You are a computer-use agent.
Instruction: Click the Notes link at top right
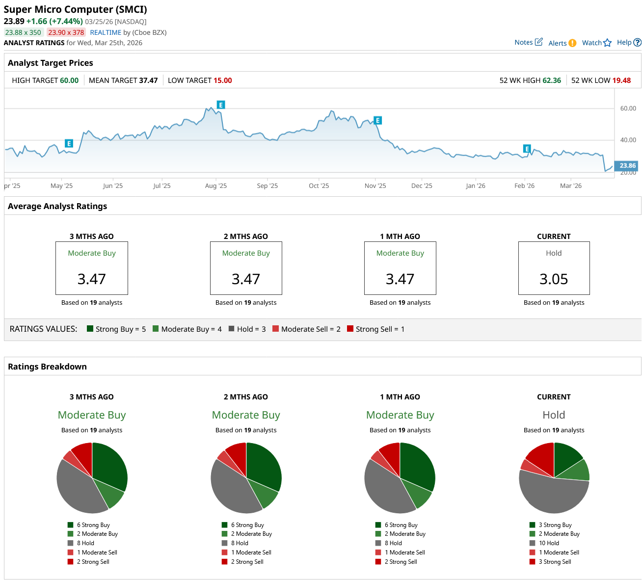pos(528,42)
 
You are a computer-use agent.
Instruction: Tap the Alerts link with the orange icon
pos(562,43)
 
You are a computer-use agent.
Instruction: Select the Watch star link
pos(596,43)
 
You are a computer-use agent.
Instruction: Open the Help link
pos(628,42)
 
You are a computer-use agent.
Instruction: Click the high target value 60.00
pos(69,80)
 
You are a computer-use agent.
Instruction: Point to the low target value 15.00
pos(223,80)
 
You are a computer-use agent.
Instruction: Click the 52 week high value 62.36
pos(552,80)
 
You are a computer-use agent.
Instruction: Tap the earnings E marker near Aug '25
pos(221,105)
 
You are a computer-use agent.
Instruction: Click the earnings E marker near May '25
pos(69,143)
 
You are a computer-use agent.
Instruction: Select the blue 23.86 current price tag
pos(627,166)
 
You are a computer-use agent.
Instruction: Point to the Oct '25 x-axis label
pos(319,186)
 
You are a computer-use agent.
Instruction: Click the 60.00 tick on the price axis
pos(628,108)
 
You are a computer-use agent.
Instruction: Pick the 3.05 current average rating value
pos(554,279)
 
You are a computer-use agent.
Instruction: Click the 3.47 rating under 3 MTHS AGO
pos(92,279)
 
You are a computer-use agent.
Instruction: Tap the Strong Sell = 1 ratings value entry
pos(375,329)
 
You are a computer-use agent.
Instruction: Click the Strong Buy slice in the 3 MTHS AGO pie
pos(109,464)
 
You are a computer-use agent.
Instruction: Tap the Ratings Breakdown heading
pos(47,367)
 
